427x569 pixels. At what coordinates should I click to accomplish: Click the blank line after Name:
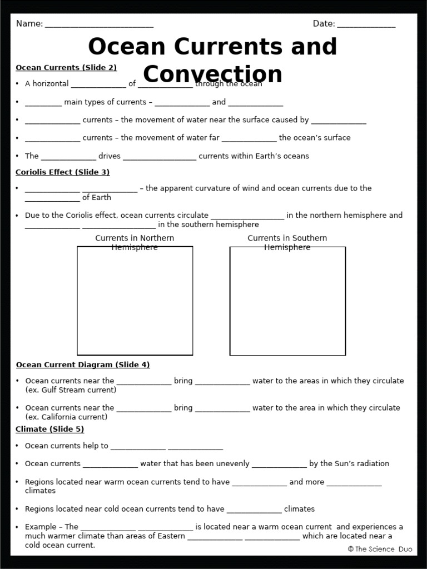pyautogui.click(x=99, y=24)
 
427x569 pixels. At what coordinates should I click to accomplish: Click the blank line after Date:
pyautogui.click(x=366, y=24)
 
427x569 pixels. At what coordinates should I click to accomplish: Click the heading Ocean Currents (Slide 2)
pyautogui.click(x=66, y=68)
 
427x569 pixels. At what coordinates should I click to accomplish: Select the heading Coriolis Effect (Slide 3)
pyautogui.click(x=62, y=172)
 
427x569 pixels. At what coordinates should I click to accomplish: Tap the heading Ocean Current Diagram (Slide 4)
pyautogui.click(x=83, y=365)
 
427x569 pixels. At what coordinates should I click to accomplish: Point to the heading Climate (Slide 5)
pyautogui.click(x=49, y=430)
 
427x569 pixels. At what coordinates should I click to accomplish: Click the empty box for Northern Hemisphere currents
pyautogui.click(x=135, y=301)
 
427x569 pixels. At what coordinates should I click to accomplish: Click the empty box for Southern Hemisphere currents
pyautogui.click(x=287, y=301)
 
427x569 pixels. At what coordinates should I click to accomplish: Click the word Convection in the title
pyautogui.click(x=212, y=75)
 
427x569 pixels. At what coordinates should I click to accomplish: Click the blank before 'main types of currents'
pyautogui.click(x=43, y=103)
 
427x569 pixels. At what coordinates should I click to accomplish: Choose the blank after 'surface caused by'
pyautogui.click(x=339, y=121)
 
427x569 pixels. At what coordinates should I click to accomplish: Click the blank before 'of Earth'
pyautogui.click(x=52, y=198)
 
